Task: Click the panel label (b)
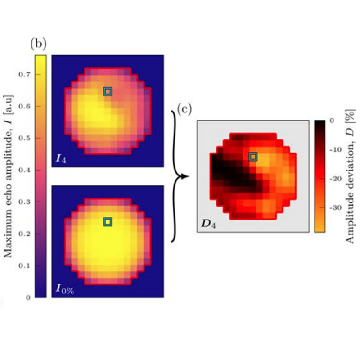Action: pos(38,44)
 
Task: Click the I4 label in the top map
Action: pos(62,157)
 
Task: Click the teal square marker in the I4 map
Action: pos(107,92)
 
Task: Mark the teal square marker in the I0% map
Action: pos(107,222)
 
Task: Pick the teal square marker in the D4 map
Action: pos(253,157)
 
